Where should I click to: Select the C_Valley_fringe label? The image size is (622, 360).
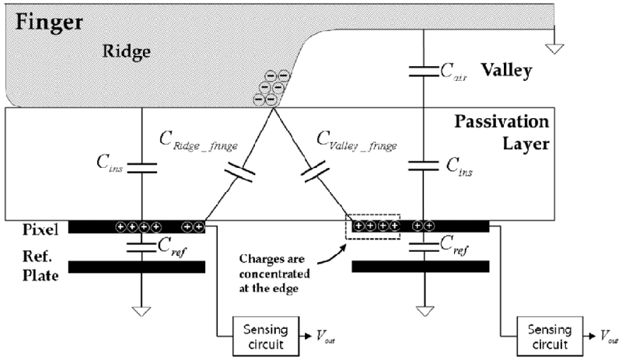[358, 141]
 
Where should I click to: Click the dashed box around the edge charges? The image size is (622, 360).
[377, 226]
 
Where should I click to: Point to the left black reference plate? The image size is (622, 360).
[137, 267]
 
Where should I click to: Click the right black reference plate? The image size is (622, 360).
[421, 267]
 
